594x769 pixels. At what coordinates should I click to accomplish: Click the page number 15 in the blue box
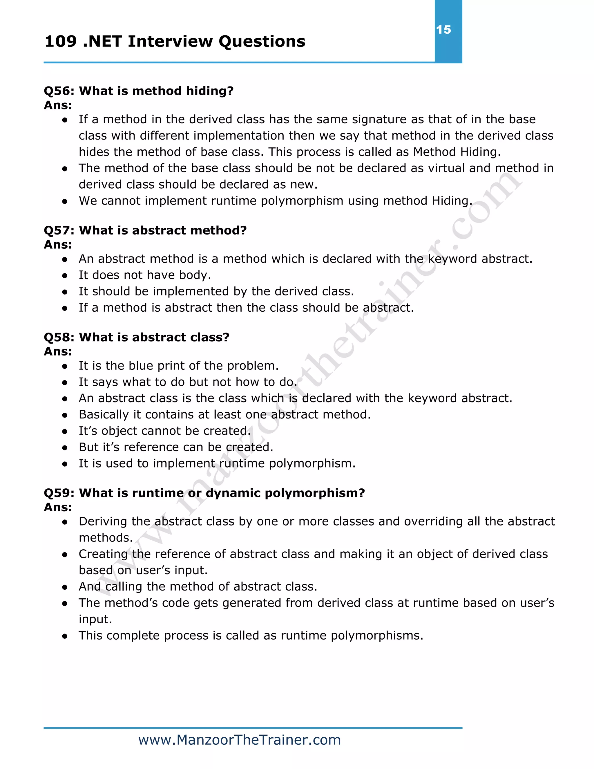pyautogui.click(x=443, y=30)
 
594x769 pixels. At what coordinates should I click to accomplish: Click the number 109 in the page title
pyautogui.click(x=61, y=41)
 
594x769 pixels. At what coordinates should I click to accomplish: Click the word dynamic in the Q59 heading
pyautogui.click(x=233, y=493)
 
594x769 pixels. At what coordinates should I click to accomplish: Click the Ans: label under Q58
pyautogui.click(x=58, y=351)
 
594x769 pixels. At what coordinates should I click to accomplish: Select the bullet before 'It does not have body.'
pyautogui.click(x=64, y=275)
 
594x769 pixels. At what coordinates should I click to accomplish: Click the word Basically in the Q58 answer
pyautogui.click(x=104, y=415)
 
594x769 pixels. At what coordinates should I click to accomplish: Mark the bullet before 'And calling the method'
pyautogui.click(x=64, y=587)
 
